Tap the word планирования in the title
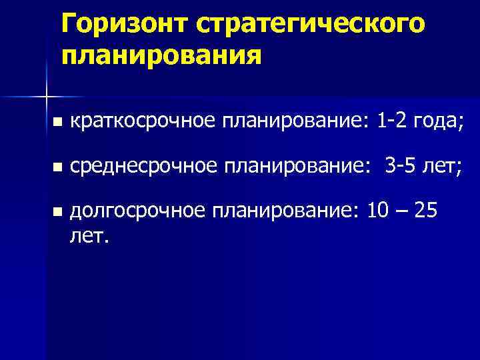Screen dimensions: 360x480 160,54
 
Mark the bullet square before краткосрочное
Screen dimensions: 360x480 58,122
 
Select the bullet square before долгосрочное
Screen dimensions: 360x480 58,212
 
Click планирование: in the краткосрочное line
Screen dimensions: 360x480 295,121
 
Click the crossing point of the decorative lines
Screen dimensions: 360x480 46,97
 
